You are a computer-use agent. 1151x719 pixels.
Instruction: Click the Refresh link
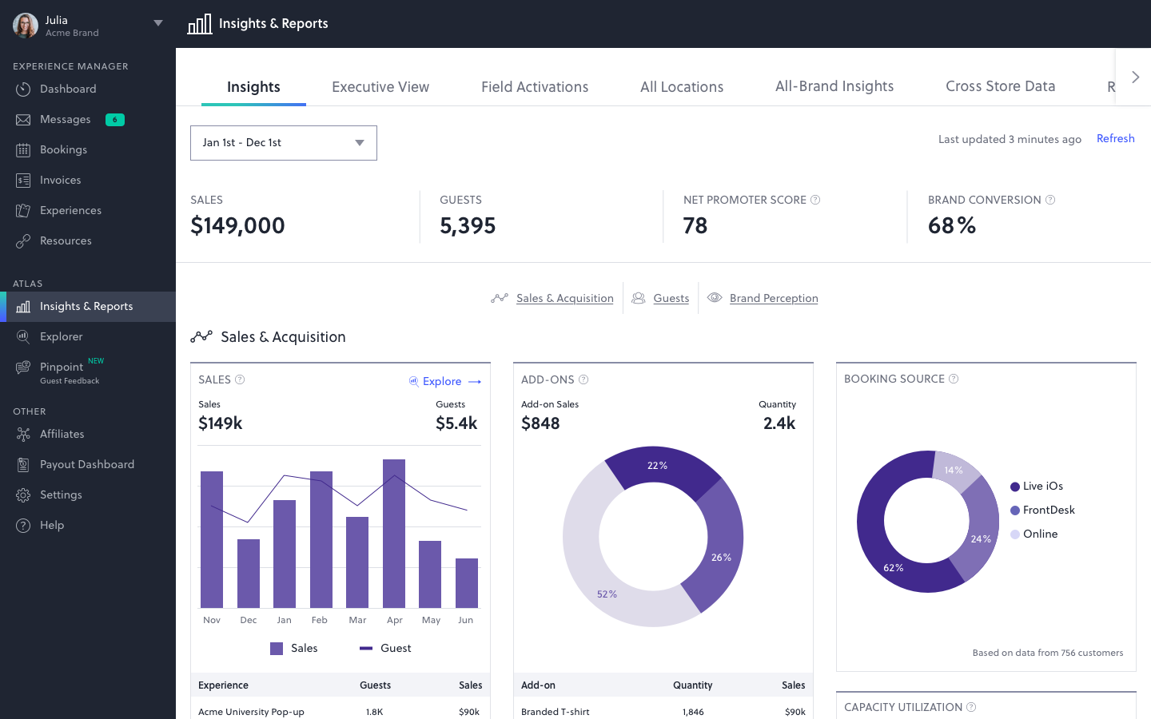tap(1115, 138)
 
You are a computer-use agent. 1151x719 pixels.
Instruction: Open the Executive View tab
tap(380, 87)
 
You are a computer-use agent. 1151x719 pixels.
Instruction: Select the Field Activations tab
tap(534, 87)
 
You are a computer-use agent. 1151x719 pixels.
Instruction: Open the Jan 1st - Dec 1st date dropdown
tap(283, 143)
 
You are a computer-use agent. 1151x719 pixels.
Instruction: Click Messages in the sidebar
tap(66, 120)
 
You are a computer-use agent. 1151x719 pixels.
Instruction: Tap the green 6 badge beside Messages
tap(115, 120)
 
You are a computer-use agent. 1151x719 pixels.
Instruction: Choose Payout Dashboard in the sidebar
tap(86, 465)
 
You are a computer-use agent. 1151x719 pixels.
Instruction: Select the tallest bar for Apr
tap(394, 534)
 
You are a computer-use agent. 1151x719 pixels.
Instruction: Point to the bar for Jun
tap(467, 583)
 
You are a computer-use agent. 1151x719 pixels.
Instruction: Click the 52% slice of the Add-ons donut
tap(587, 575)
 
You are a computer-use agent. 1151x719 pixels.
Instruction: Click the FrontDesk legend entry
tap(1048, 510)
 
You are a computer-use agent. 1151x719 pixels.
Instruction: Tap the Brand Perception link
tap(773, 299)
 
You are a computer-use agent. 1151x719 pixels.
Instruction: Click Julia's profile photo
tap(26, 26)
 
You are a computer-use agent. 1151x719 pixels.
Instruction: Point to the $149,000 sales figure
tap(237, 226)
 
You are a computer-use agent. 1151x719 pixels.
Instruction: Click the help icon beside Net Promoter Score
tap(815, 201)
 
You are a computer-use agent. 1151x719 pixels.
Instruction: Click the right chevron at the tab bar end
tap(1135, 77)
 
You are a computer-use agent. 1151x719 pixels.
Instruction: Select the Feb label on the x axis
tap(320, 621)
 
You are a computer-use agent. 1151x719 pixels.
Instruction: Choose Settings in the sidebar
tap(61, 495)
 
